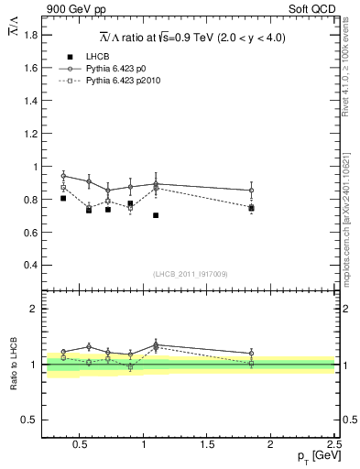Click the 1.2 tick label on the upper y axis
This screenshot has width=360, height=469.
pyautogui.click(x=28, y=134)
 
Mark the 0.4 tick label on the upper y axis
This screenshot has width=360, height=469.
pyautogui.click(x=28, y=266)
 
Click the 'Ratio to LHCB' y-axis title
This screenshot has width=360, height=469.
pyautogui.click(x=12, y=363)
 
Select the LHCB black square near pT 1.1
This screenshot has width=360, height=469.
pyautogui.click(x=156, y=215)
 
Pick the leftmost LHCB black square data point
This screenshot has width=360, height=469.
pyautogui.click(x=63, y=198)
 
